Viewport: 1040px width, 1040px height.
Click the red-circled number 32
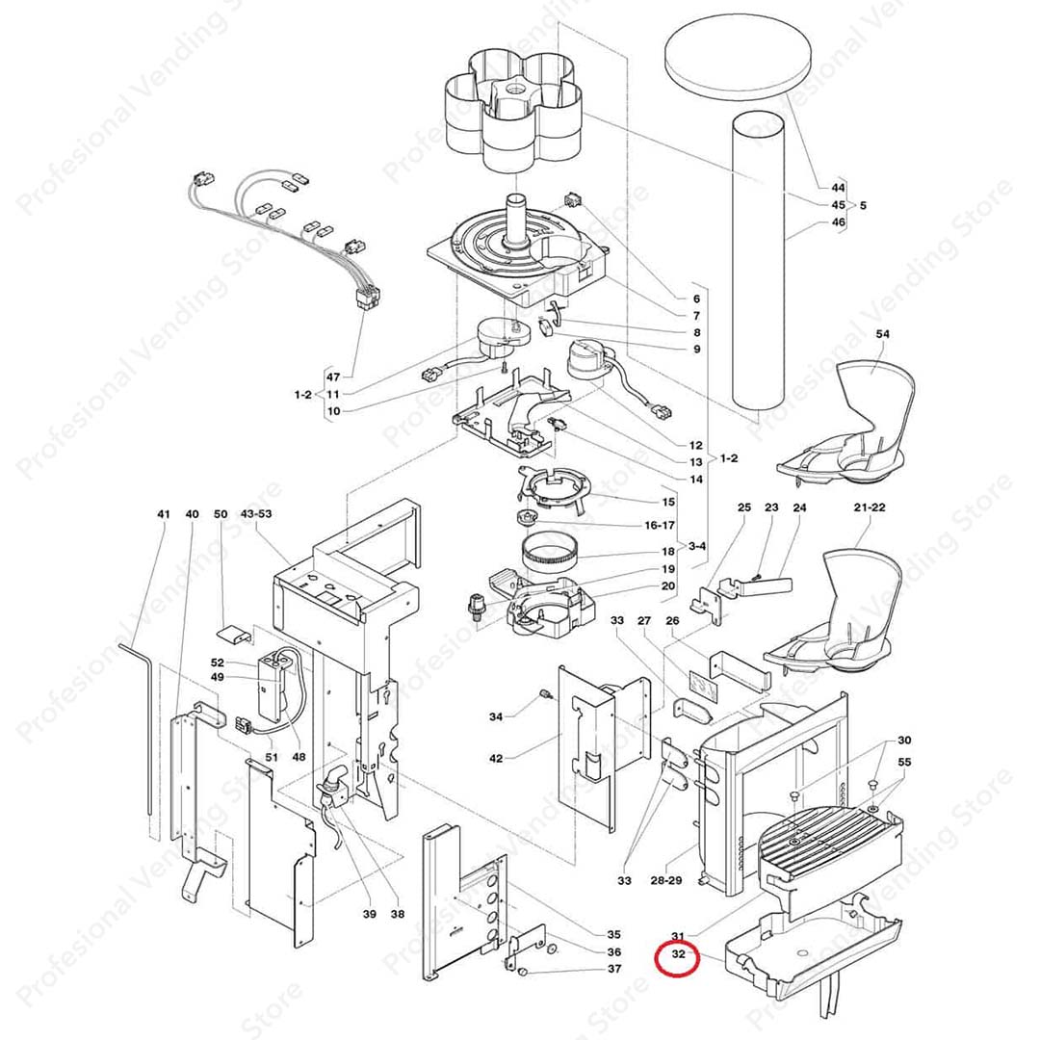point(678,956)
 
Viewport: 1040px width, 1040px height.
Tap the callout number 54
point(882,334)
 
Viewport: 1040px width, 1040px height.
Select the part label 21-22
point(869,507)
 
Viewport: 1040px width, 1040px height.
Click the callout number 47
point(333,377)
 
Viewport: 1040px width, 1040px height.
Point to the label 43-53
point(256,514)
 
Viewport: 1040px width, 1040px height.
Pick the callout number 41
point(163,514)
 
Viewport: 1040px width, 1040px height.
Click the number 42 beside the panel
point(496,759)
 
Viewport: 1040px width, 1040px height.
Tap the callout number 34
point(496,716)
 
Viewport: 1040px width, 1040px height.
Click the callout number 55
point(903,762)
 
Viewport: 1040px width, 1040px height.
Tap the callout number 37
point(614,969)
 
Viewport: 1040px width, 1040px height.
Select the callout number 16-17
point(661,525)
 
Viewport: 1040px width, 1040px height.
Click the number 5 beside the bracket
point(863,205)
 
